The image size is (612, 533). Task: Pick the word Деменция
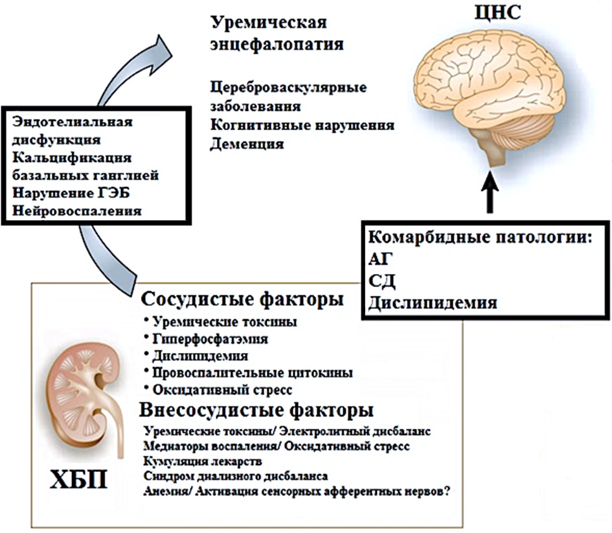click(247, 144)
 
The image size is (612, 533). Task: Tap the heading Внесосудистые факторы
click(256, 411)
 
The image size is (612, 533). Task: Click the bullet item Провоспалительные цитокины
click(253, 372)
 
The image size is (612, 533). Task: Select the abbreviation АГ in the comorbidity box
click(379, 260)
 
